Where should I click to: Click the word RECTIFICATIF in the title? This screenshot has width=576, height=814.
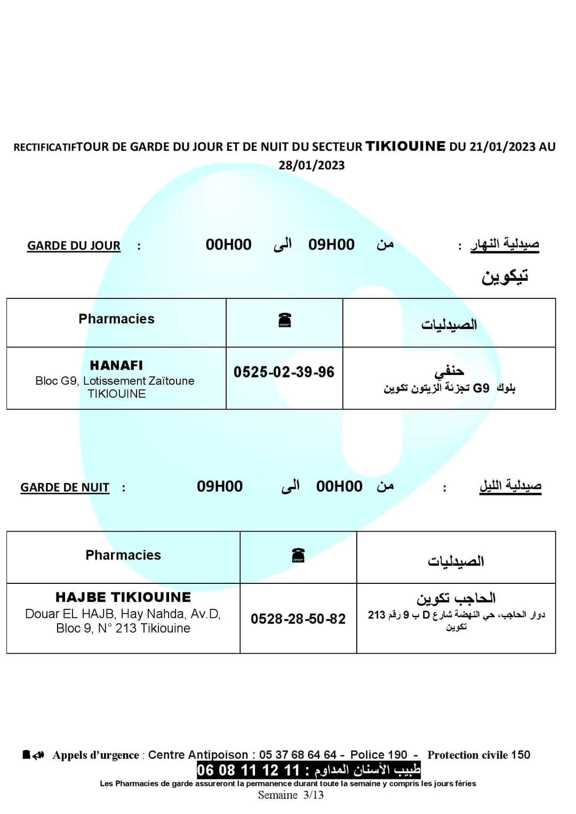pyautogui.click(x=45, y=148)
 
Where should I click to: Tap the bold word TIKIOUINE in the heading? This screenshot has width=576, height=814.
pyautogui.click(x=405, y=146)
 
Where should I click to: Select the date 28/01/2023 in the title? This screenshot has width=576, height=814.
pyautogui.click(x=311, y=165)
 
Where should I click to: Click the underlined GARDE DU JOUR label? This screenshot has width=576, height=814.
pyautogui.click(x=74, y=246)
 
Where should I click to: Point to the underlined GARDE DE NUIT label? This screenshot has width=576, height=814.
pyautogui.click(x=65, y=487)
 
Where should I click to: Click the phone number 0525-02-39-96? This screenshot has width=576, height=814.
pyautogui.click(x=284, y=372)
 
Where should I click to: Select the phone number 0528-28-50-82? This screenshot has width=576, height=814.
pyautogui.click(x=298, y=618)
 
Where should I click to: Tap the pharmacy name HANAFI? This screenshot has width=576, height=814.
pyautogui.click(x=116, y=365)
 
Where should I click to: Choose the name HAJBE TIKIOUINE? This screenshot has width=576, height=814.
pyautogui.click(x=123, y=597)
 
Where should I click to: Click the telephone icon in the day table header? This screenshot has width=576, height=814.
pyautogui.click(x=285, y=320)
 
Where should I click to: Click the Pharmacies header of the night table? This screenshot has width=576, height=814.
pyautogui.click(x=123, y=555)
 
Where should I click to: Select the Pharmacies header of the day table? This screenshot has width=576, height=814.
pyautogui.click(x=116, y=319)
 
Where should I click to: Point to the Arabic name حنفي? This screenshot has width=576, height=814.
pyautogui.click(x=449, y=370)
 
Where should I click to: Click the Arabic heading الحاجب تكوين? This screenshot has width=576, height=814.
pyautogui.click(x=456, y=598)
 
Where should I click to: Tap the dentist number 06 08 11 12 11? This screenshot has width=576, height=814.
pyautogui.click(x=248, y=770)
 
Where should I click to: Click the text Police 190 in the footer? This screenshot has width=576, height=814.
pyautogui.click(x=379, y=755)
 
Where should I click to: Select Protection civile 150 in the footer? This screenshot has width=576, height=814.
pyautogui.click(x=478, y=755)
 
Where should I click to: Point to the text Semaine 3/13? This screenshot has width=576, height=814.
pyautogui.click(x=291, y=795)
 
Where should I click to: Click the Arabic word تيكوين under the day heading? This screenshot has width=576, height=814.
pyautogui.click(x=505, y=276)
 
